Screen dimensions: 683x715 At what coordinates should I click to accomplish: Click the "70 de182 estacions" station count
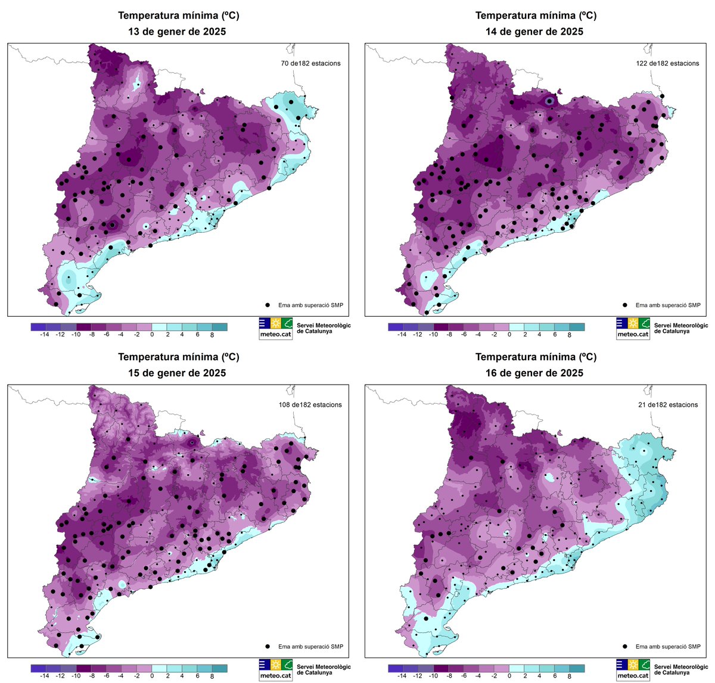coord(311,63)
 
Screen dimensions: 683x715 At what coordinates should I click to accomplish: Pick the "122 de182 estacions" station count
coord(667,63)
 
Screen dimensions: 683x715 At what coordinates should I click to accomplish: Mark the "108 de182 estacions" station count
coord(311,405)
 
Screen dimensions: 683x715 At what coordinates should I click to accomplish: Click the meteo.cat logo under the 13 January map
coord(275,328)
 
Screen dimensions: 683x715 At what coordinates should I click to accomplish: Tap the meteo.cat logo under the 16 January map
coord(633,670)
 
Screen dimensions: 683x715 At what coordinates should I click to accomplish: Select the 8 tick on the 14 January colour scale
coord(570,335)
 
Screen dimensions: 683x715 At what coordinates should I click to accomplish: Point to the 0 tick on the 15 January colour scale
coord(152,676)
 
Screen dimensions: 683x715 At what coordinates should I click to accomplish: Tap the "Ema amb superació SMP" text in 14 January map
coord(668,305)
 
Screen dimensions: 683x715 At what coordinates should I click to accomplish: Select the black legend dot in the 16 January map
coord(626,646)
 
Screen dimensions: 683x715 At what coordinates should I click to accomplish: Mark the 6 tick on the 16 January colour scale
coord(555,676)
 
